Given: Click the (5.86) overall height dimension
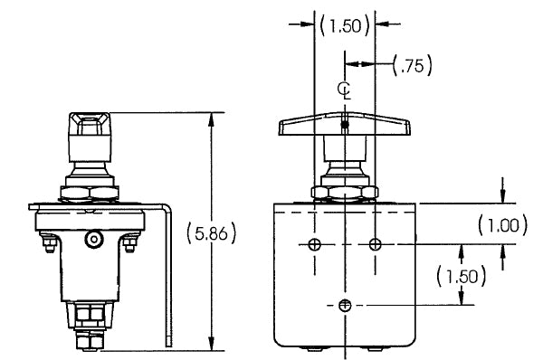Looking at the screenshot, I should [211, 233].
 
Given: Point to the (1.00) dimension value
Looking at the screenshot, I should [500, 223].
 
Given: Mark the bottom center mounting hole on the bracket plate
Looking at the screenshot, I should [345, 306].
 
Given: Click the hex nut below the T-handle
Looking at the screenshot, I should [345, 191].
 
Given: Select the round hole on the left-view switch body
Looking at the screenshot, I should [92, 239].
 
